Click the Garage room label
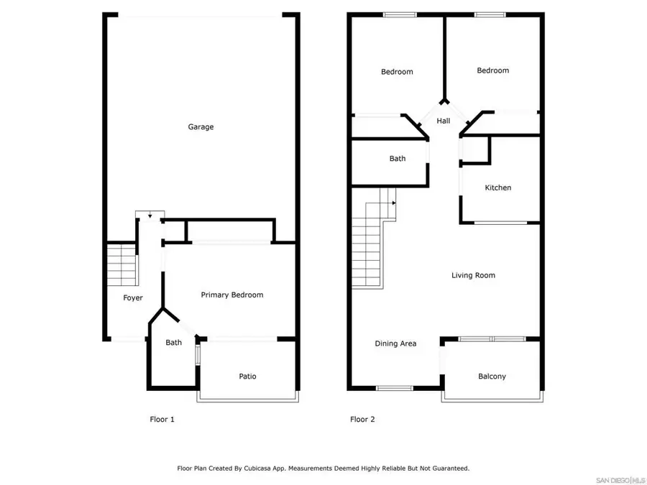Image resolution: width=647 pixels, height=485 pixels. [201, 127]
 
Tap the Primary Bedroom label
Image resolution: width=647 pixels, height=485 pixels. [231, 295]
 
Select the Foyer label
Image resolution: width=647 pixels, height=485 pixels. [133, 297]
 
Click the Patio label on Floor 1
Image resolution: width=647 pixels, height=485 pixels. [247, 377]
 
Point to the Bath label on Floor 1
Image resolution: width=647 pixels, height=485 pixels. [173, 343]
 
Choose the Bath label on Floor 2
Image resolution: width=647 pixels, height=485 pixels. [398, 159]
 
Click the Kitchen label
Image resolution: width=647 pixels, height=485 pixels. [497, 188]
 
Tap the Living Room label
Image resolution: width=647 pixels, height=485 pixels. [473, 275]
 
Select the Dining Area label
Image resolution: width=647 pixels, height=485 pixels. [395, 343]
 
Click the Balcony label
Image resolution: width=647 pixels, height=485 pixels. [492, 377]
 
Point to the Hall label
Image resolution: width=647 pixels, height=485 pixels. [444, 121]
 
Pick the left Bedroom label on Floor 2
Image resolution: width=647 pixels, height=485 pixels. [397, 72]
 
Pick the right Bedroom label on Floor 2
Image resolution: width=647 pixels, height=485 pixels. [492, 70]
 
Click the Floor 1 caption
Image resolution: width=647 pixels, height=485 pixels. [162, 420]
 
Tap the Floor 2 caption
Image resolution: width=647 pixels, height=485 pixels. [362, 420]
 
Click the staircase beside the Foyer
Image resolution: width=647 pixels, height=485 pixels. [121, 264]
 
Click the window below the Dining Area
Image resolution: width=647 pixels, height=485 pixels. [394, 389]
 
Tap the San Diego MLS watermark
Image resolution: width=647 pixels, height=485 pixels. [621, 479]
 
